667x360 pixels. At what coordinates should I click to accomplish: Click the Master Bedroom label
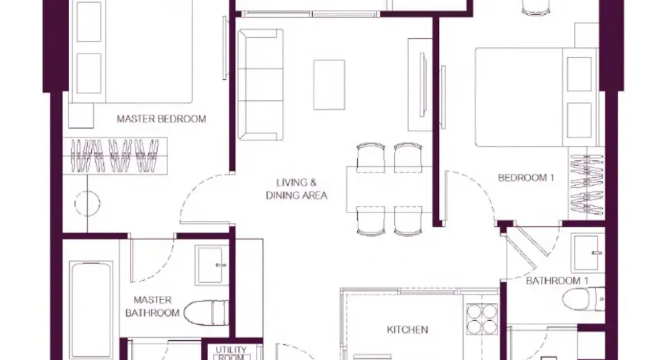[x=161, y=119]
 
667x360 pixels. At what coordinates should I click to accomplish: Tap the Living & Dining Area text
[x=296, y=189]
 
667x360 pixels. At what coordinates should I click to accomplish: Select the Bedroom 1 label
[x=526, y=178]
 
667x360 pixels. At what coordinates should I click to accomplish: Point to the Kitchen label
[x=407, y=329]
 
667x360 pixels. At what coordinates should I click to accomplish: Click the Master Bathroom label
[x=152, y=307]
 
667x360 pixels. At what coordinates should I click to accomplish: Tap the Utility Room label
[x=231, y=353]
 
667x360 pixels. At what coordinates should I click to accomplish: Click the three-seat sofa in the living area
[x=260, y=84]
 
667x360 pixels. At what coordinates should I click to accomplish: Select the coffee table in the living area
[x=329, y=85]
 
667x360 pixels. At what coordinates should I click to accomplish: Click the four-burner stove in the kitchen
[x=482, y=319]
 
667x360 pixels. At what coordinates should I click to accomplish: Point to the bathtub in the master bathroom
[x=91, y=311]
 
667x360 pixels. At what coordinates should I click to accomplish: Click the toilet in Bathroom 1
[x=583, y=298]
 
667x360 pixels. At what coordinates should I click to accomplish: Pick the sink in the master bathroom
[x=211, y=264]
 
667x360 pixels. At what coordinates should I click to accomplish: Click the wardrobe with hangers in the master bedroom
[x=115, y=155]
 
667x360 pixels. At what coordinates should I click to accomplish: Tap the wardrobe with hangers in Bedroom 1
[x=586, y=184]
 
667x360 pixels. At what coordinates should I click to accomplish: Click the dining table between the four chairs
[x=389, y=190]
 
